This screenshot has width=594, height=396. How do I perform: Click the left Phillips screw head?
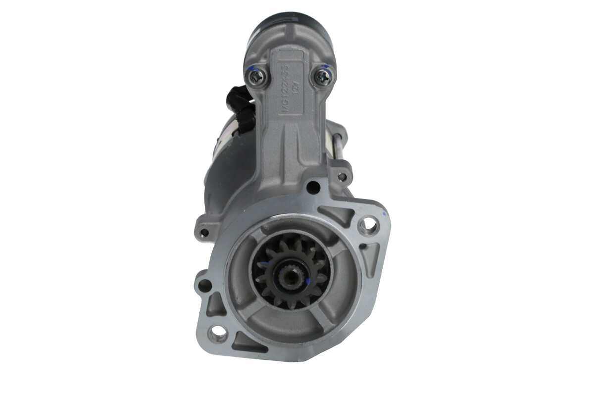tap(258, 76)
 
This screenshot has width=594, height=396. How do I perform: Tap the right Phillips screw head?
tap(322, 76)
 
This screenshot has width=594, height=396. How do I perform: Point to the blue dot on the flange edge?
tap(383, 213)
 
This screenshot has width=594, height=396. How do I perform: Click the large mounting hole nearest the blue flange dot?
tap(367, 226)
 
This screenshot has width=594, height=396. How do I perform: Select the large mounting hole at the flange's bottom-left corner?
tap(217, 333)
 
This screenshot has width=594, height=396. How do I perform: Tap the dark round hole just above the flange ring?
tap(312, 187)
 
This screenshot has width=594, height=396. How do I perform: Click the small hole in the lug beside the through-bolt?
tap(342, 176)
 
